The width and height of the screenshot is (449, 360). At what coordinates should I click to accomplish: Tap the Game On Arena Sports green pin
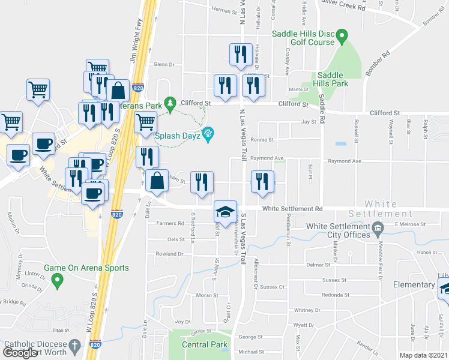point(57,279)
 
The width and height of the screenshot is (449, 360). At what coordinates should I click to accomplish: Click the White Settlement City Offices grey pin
point(377,227)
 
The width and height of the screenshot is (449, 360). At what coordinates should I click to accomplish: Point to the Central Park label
point(205,344)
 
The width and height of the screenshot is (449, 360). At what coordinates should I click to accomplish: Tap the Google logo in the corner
point(20,352)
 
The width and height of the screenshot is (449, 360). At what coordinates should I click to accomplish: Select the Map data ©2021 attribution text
point(423,355)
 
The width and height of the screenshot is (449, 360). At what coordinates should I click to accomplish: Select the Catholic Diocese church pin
point(75,346)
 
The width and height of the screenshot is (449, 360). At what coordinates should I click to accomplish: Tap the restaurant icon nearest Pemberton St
point(262,182)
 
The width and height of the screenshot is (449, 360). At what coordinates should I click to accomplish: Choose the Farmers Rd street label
point(172,223)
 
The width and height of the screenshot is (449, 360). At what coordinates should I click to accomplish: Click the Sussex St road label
point(335,280)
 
